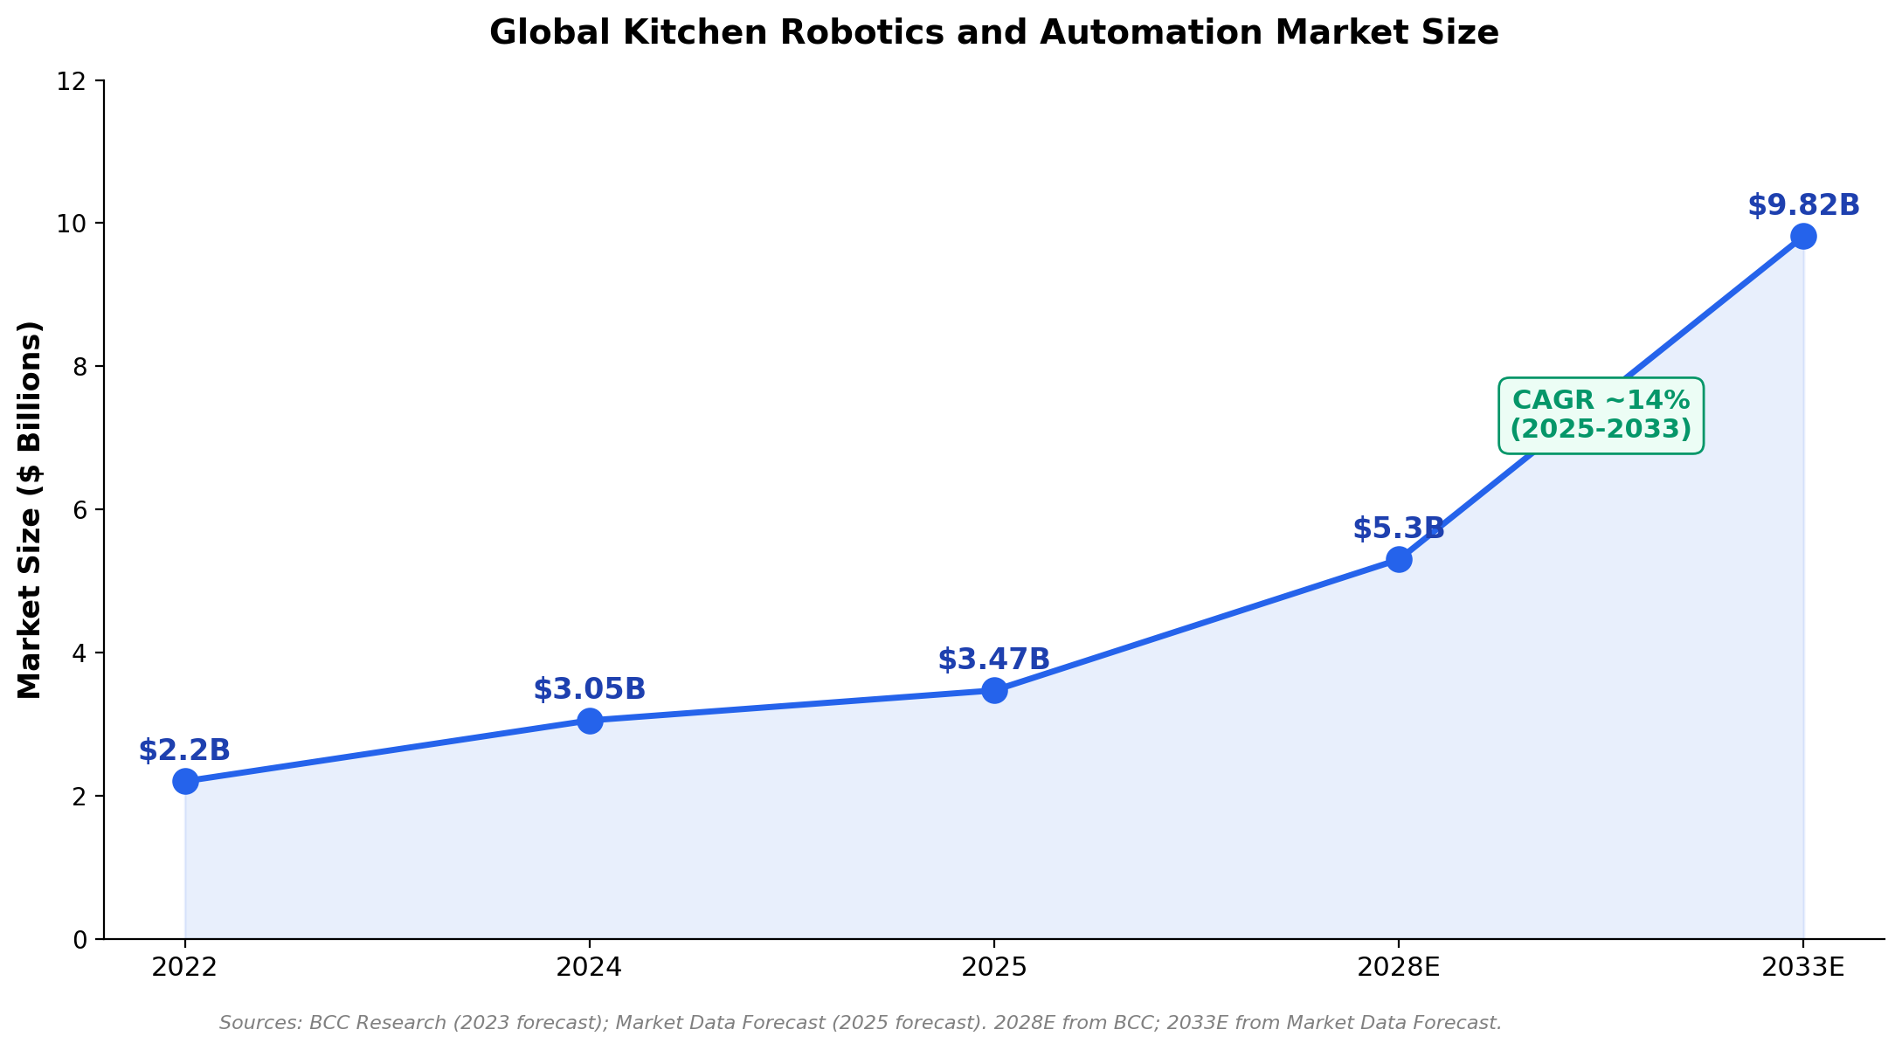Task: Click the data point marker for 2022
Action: click(x=185, y=780)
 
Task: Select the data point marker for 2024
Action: click(x=590, y=721)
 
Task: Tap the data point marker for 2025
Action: click(x=994, y=690)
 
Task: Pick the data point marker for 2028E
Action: click(x=1399, y=559)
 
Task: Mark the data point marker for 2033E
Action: click(x=1803, y=236)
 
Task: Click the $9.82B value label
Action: click(x=1803, y=206)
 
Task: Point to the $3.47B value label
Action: click(x=994, y=660)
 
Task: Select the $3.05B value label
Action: click(x=590, y=689)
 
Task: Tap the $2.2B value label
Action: click(x=184, y=750)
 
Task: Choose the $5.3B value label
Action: click(x=1398, y=528)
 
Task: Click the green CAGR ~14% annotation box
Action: click(x=1601, y=416)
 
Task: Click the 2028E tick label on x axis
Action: click(x=1398, y=967)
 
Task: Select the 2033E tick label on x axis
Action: click(x=1802, y=967)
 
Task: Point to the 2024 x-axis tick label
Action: click(x=590, y=967)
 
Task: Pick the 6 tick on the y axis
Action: click(x=80, y=510)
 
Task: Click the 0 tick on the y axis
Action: click(x=80, y=940)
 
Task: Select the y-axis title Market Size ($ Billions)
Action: click(x=31, y=510)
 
